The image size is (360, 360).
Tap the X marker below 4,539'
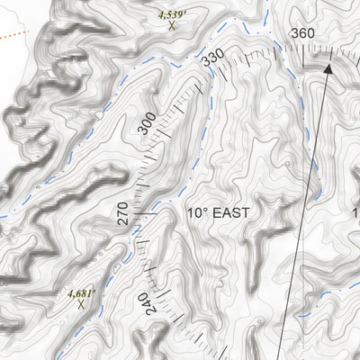click(x=171, y=26)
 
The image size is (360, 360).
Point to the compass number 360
click(x=302, y=34)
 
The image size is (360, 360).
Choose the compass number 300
click(x=148, y=123)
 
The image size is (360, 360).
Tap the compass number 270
click(x=122, y=213)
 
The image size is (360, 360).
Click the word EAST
click(x=229, y=213)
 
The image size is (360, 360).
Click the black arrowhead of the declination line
click(x=328, y=67)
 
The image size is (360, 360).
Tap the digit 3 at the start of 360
click(x=294, y=34)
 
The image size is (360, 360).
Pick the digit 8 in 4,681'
click(x=84, y=292)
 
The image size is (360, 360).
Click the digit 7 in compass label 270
click(x=122, y=213)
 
